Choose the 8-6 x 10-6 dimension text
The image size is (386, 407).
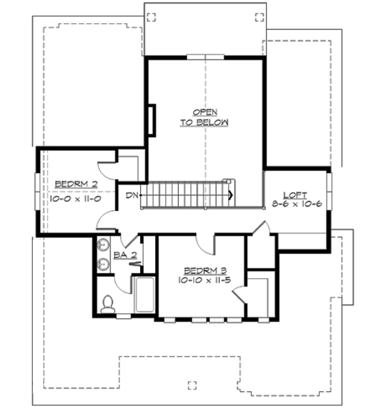pyautogui.click(x=296, y=203)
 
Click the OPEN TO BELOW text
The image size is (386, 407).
pyautogui.click(x=203, y=116)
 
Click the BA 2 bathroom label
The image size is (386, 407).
pyautogui.click(x=123, y=255)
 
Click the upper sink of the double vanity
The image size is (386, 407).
pyautogui.click(x=102, y=245)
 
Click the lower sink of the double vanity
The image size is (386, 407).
pyautogui.click(x=102, y=262)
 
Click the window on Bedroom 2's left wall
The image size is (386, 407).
pyautogui.click(x=37, y=191)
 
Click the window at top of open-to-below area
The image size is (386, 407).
pyautogui.click(x=205, y=57)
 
